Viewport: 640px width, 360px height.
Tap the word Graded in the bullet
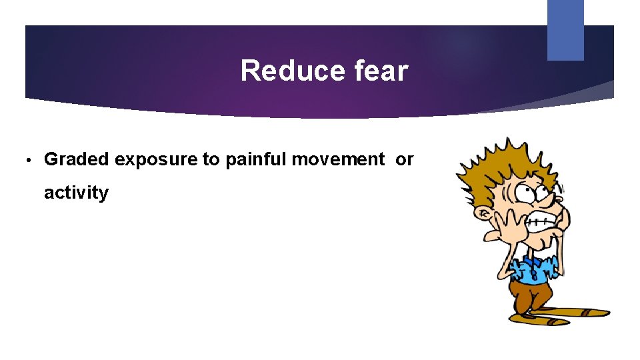(77, 159)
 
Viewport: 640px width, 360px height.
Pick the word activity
(76, 193)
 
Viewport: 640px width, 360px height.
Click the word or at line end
(404, 160)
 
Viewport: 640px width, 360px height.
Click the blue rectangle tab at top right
(565, 30)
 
